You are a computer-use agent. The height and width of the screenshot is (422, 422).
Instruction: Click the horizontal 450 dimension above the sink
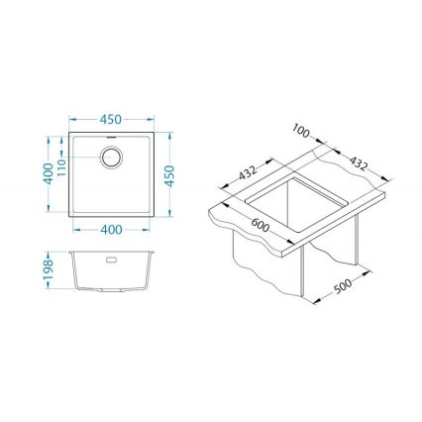[x=111, y=120]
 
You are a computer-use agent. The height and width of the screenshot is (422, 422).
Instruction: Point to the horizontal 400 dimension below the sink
[x=111, y=230]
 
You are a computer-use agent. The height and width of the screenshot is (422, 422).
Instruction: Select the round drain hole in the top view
[x=111, y=158]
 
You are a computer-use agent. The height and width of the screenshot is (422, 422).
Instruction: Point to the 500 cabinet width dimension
[x=342, y=287]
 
